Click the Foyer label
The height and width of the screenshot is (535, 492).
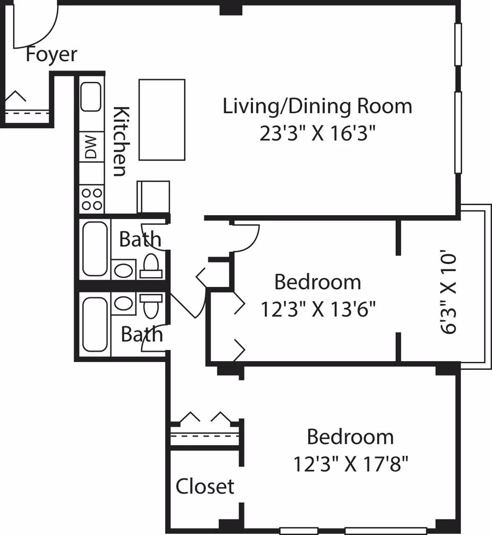point(51,55)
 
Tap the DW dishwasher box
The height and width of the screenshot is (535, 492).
point(91,147)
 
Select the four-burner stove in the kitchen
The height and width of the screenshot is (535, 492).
point(92,199)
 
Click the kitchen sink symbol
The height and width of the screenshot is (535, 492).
point(91,97)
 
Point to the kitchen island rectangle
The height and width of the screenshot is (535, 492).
point(162,120)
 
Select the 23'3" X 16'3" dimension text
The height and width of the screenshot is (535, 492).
point(317,134)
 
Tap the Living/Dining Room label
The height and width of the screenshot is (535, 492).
point(317,106)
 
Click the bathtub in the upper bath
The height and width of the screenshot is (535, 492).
point(95,249)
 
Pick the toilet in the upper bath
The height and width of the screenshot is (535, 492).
point(151,267)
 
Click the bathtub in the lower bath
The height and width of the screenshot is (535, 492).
point(95,324)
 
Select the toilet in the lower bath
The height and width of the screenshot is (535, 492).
point(151,304)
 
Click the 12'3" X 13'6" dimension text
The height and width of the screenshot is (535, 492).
point(318,310)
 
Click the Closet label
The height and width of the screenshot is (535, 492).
point(205,487)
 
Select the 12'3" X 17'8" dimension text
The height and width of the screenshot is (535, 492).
point(350,464)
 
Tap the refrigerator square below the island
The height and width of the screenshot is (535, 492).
point(153,196)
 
